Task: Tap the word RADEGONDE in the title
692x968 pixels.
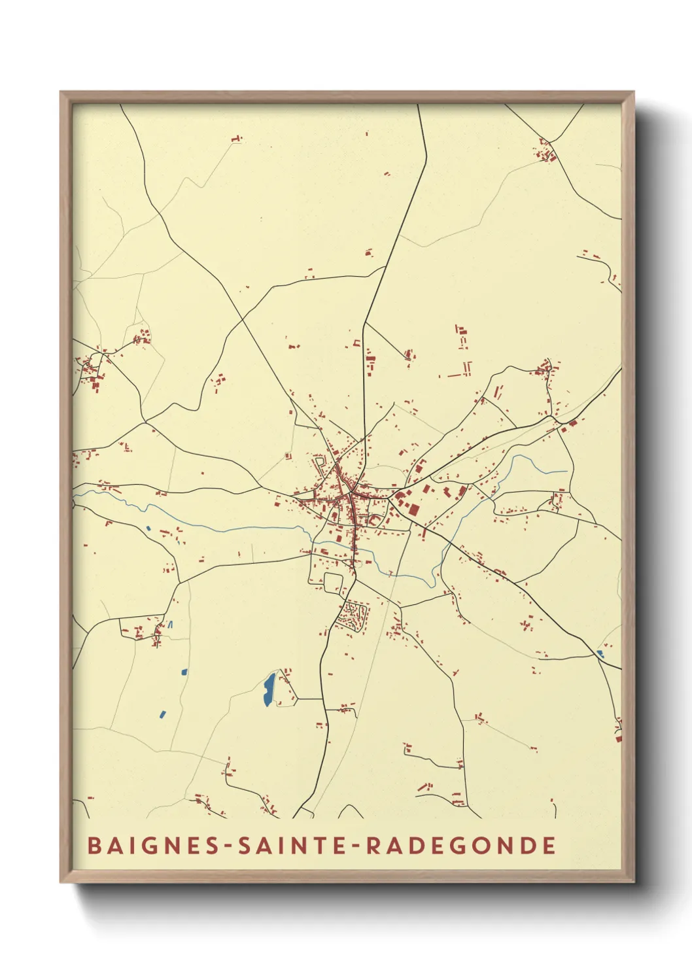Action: pyautogui.click(x=461, y=845)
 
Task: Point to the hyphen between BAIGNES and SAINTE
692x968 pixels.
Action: pyautogui.click(x=224, y=846)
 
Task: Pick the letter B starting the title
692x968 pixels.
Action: pyautogui.click(x=94, y=845)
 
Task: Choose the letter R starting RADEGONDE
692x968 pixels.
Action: pyautogui.click(x=373, y=845)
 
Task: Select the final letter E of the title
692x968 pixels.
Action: pyautogui.click(x=549, y=845)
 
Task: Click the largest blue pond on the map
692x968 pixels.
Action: pyautogui.click(x=269, y=689)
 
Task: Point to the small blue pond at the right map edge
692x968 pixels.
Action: pyautogui.click(x=600, y=653)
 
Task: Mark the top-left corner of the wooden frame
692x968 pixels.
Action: pyautogui.click(x=61, y=92)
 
